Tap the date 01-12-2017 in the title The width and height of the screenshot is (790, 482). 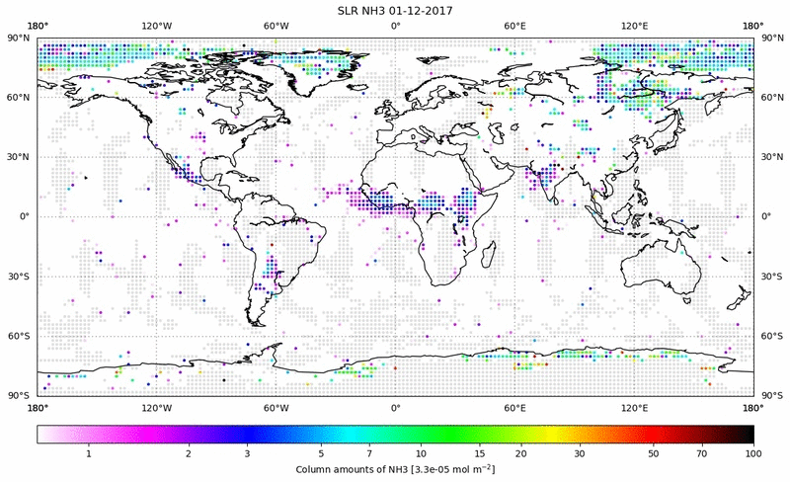coord(421,10)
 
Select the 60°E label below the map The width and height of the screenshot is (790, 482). coord(514,407)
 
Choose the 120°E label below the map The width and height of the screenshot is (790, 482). coord(634,407)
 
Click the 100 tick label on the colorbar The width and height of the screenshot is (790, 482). coord(753,452)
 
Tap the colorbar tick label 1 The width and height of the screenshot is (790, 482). coord(89,452)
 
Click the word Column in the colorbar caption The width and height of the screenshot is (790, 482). coord(318,468)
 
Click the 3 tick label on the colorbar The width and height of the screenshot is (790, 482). coord(247,452)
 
